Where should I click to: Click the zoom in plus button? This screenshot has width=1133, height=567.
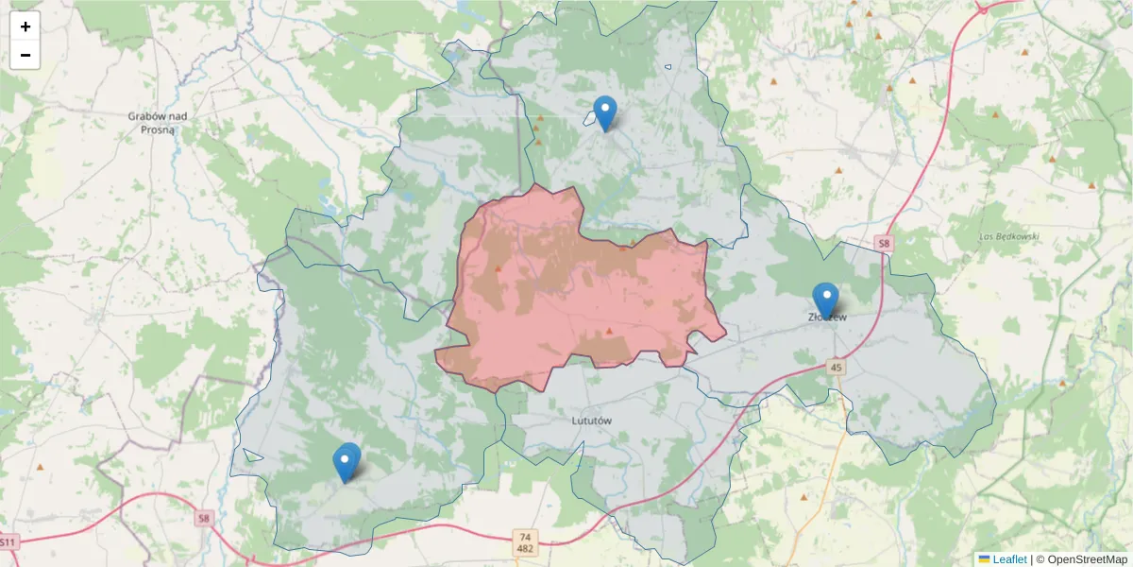tap(25, 26)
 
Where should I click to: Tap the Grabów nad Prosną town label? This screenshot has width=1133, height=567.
tap(157, 122)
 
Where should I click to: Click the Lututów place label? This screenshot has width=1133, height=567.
tap(593, 419)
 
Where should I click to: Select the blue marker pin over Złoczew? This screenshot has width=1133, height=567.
tap(825, 300)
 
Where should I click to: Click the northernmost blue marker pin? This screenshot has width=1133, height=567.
tap(604, 113)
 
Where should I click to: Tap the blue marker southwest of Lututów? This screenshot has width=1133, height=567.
tap(347, 462)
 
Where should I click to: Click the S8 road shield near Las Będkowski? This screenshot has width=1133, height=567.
tap(883, 244)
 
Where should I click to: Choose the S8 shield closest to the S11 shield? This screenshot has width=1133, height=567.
tap(204, 518)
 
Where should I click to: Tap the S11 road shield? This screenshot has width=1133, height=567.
tap(8, 542)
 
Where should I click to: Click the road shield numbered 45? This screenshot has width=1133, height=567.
tap(837, 366)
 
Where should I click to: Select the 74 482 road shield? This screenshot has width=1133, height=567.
tap(526, 542)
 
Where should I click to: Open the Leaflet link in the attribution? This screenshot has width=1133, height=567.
tap(1008, 559)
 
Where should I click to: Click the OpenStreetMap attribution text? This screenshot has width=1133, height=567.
tap(1081, 559)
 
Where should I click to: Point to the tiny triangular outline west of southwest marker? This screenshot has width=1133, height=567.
tap(251, 455)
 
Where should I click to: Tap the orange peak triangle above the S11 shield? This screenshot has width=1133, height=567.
tap(40, 467)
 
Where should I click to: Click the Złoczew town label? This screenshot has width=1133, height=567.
tap(828, 318)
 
